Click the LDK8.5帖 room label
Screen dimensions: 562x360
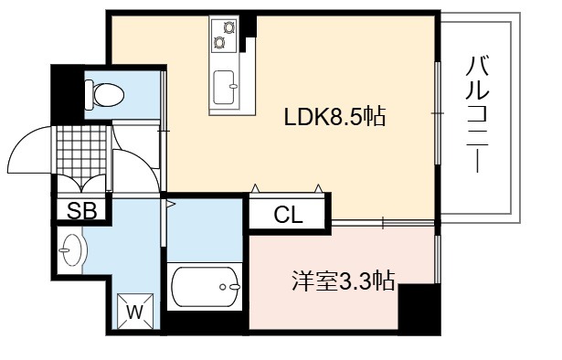click(334, 117)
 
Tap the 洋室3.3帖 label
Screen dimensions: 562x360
click(344, 281)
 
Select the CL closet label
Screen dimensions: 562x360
click(288, 216)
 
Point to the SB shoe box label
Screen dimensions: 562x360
click(82, 211)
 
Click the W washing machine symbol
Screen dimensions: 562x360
click(135, 312)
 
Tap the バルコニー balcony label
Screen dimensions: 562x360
click(477, 114)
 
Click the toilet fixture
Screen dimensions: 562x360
click(104, 95)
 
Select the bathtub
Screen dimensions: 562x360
click(205, 287)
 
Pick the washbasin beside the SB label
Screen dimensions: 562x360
click(73, 249)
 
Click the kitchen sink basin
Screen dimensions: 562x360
click(225, 88)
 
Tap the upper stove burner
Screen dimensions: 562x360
click(228, 27)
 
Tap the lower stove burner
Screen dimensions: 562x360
click(218, 43)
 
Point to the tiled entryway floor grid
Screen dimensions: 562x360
click(81, 151)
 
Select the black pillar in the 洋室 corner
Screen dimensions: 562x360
click(419, 308)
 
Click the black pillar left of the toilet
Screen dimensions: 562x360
click(68, 94)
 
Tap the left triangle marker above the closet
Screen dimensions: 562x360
click(255, 188)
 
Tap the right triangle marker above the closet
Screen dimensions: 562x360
click(318, 188)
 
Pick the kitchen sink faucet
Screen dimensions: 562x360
click(233, 86)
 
